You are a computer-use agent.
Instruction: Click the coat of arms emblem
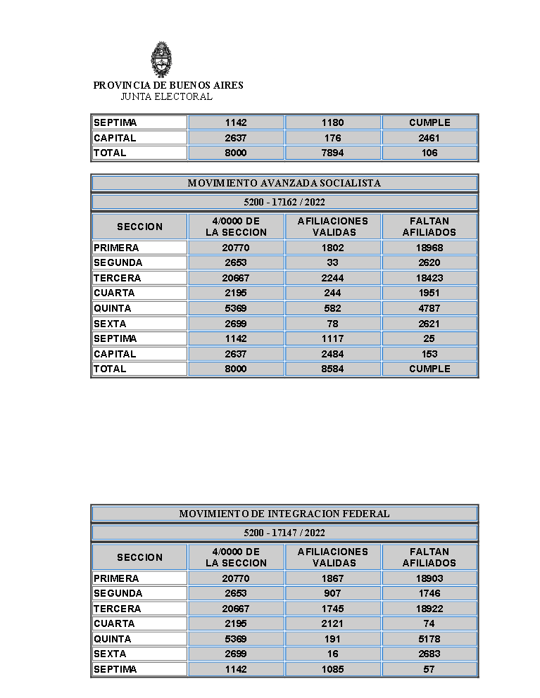161,60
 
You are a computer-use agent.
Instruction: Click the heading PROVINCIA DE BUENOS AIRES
168,85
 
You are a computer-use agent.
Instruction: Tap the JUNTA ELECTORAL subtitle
166,96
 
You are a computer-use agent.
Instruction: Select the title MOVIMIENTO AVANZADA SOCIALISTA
284,183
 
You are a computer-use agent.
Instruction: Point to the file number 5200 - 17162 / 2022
284,202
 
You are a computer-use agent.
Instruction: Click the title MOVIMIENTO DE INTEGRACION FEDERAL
284,514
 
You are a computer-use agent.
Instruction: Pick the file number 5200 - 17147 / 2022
284,533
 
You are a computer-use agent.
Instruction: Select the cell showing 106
429,153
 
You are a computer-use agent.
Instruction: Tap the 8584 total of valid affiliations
332,369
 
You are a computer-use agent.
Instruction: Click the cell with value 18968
429,248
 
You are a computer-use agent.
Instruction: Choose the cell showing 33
332,262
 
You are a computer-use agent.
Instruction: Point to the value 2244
332,278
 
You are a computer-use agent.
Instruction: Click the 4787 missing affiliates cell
429,308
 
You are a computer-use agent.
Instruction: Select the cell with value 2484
332,354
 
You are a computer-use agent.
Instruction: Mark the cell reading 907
332,593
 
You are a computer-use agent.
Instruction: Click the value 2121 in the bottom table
332,623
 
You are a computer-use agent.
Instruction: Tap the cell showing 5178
429,639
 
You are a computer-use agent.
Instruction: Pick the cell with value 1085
332,669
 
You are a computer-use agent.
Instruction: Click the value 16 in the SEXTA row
332,654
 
